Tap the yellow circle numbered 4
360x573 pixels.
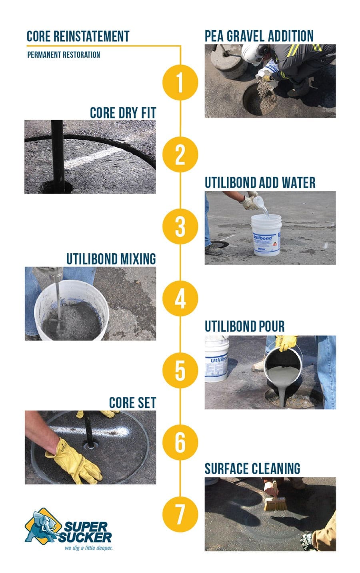[180, 299]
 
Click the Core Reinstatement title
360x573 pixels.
[78, 36]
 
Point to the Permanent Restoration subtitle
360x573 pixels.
[64, 55]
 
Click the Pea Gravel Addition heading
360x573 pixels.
[259, 36]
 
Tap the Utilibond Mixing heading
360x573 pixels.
[111, 259]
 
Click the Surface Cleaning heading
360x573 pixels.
[252, 468]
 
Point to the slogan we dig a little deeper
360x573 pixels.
[88, 548]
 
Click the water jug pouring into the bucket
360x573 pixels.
[260, 202]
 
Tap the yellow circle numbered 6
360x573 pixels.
[180, 442]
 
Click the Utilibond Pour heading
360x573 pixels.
[244, 326]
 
